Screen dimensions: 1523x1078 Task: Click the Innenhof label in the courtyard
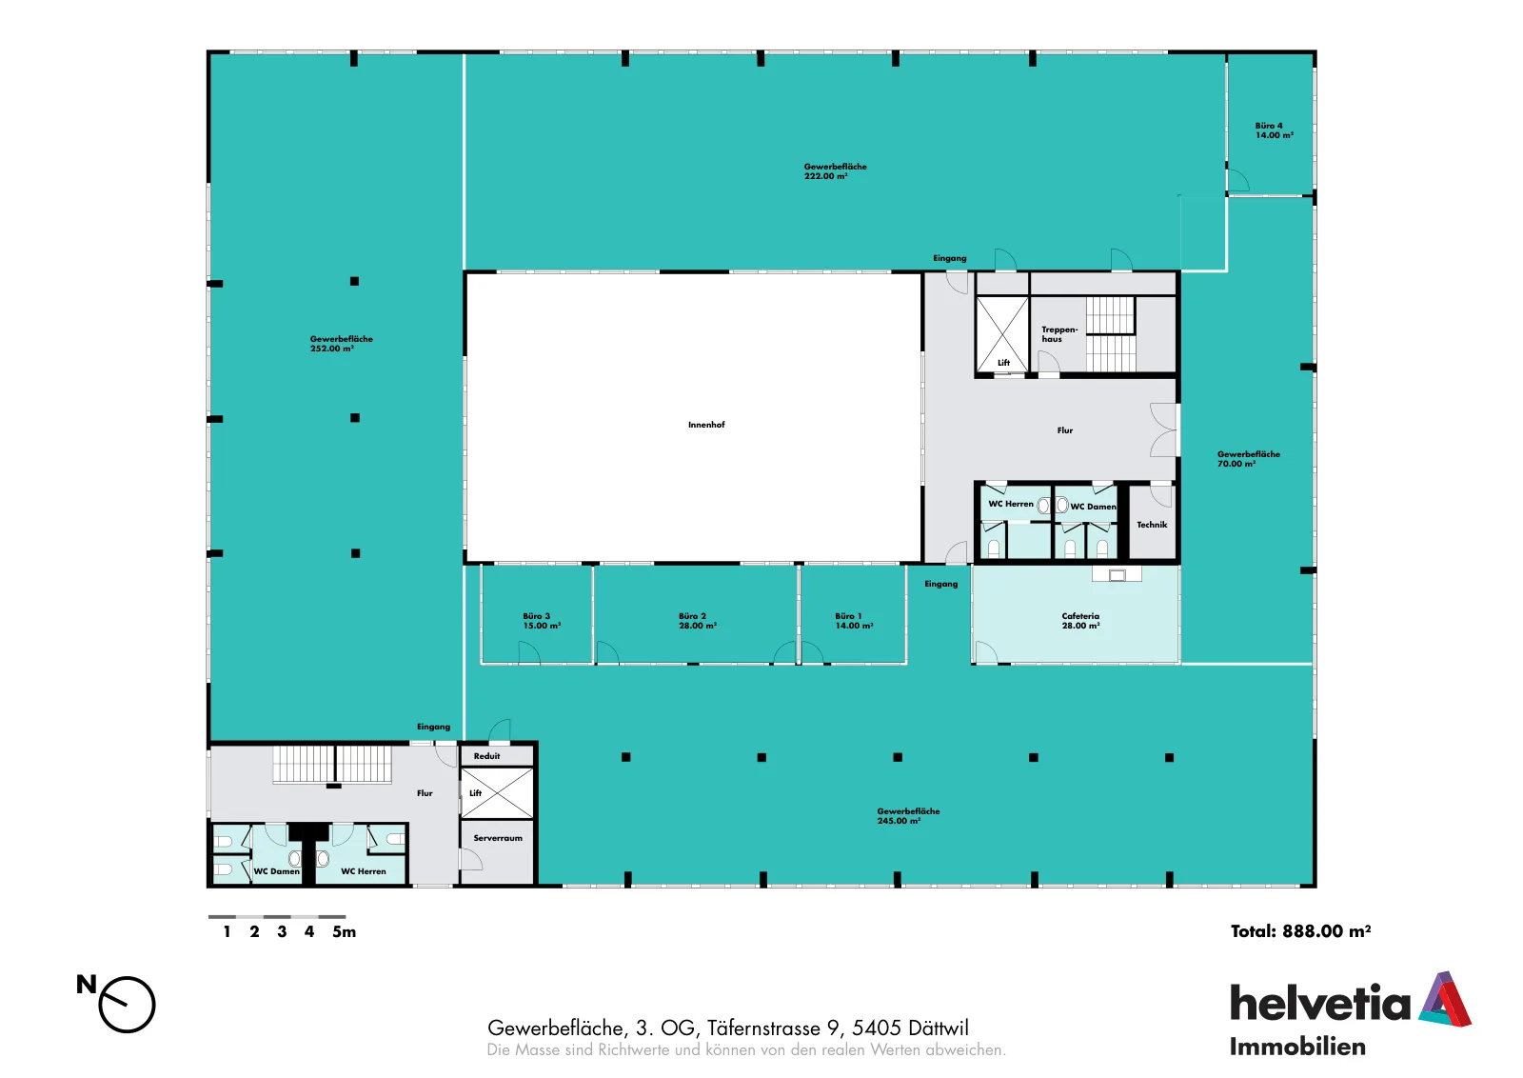706,425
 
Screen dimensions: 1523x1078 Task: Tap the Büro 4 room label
1274,130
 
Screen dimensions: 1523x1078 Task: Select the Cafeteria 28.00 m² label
1080,621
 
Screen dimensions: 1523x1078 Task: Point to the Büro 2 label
697,621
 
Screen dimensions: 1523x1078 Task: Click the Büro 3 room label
542,621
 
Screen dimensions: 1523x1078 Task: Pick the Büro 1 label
854,621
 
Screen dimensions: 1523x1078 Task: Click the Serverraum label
498,839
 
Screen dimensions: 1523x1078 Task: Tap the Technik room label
1152,525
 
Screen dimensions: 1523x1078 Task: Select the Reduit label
486,756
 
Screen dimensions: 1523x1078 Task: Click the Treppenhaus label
1059,334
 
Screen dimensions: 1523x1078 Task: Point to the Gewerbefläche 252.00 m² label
342,344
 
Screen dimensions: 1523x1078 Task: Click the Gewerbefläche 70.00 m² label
1248,459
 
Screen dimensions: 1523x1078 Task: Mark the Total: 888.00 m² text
1300,931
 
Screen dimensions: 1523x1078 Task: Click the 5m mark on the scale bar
344,932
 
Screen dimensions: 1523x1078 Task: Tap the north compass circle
128,1006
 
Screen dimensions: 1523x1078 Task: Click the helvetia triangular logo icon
1444,999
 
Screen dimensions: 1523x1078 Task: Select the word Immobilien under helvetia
1297,1048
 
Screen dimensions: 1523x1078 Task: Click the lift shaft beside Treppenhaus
1002,334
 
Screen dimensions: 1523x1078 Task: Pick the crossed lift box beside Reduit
497,793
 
